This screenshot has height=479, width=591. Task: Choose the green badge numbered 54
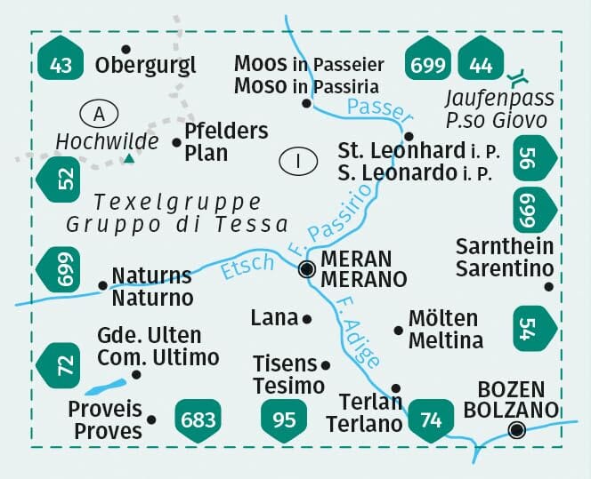531,328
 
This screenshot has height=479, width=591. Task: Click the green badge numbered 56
531,157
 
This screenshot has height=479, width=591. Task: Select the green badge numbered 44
480,62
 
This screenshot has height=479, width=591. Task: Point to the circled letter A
99,114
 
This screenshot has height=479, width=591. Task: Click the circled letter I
298,162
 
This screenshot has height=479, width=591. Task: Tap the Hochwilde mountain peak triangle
129,158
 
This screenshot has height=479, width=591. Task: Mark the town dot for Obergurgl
125,50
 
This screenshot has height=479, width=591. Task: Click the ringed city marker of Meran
307,268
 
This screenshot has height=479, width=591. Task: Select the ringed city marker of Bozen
516,431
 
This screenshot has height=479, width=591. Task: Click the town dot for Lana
307,318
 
